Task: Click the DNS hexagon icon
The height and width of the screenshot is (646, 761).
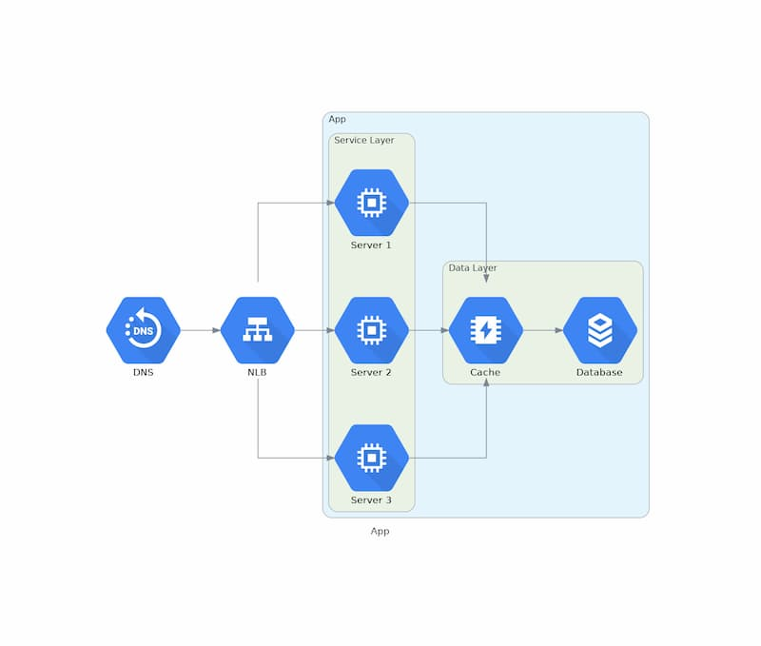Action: pos(143,330)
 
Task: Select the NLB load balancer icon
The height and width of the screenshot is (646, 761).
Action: pos(257,330)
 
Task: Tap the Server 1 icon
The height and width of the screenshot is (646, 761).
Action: pos(371,203)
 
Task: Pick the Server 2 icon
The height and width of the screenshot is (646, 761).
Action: pos(371,330)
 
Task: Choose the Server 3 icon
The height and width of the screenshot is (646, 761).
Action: pos(371,458)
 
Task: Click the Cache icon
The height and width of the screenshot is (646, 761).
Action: pos(485,330)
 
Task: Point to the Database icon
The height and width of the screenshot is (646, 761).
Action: pos(599,330)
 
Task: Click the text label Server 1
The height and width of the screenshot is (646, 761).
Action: pos(371,245)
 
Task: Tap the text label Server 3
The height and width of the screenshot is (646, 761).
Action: pos(371,500)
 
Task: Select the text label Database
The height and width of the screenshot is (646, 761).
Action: pos(599,373)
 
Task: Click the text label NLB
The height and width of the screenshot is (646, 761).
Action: pos(257,373)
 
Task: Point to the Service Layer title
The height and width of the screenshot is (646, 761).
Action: pos(363,141)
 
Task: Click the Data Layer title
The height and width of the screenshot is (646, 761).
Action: pos(473,268)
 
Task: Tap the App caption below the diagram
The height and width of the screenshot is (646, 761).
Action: pos(380,532)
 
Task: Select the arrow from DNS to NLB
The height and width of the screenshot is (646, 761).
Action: pos(200,330)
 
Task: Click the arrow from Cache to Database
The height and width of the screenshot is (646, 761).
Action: pos(542,330)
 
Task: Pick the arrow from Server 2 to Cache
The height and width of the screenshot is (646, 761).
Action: pos(428,330)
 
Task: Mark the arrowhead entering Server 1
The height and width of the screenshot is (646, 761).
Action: pos(330,203)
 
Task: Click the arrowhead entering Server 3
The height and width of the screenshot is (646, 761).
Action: pos(330,458)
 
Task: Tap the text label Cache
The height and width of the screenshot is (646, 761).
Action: pos(485,373)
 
